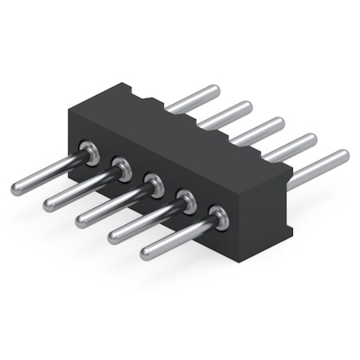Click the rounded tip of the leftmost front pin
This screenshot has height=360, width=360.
[17, 190]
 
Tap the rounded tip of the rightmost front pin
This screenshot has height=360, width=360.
[146, 254]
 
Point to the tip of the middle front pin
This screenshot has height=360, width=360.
[82, 222]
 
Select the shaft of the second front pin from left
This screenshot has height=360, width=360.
[80, 186]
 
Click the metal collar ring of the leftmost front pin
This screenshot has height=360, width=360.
[90, 151]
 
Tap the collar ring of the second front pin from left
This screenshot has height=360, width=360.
[122, 168]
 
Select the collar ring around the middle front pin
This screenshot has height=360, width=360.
[154, 183]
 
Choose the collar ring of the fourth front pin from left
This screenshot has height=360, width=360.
[186, 201]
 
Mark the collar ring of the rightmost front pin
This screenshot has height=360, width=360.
[218, 217]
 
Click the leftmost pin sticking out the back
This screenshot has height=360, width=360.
[192, 98]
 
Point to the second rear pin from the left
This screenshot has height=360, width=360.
[225, 115]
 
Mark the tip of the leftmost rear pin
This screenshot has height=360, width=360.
[214, 90]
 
